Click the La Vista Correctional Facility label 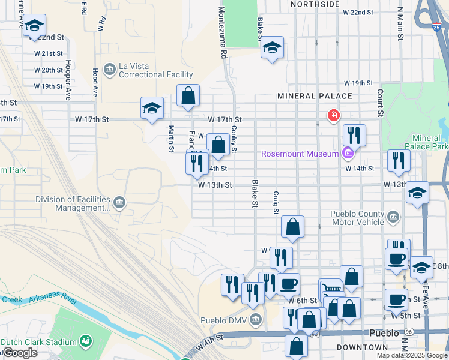pyautogui.click(x=156, y=71)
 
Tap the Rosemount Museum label pyautogui.click(x=300, y=154)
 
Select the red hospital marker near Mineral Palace pyautogui.click(x=332, y=115)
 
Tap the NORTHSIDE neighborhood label pyautogui.click(x=315, y=4)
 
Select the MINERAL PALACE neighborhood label pyautogui.click(x=315, y=96)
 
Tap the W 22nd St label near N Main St pyautogui.click(x=358, y=12)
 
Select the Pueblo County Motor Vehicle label pyautogui.click(x=357, y=218)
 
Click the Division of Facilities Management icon pyautogui.click(x=120, y=202)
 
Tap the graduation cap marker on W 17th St pyautogui.click(x=152, y=109)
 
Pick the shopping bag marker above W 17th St pyautogui.click(x=188, y=95)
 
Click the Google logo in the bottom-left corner pyautogui.click(x=19, y=353)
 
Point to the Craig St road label pyautogui.click(x=276, y=203)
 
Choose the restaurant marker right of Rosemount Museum pyautogui.click(x=354, y=136)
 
